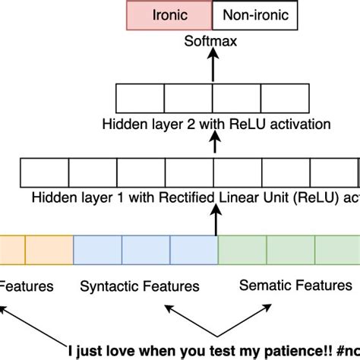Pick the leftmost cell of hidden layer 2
(x=141, y=99)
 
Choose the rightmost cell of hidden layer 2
(x=285, y=99)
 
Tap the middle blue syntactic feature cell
(x=146, y=251)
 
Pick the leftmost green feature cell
(x=242, y=251)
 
